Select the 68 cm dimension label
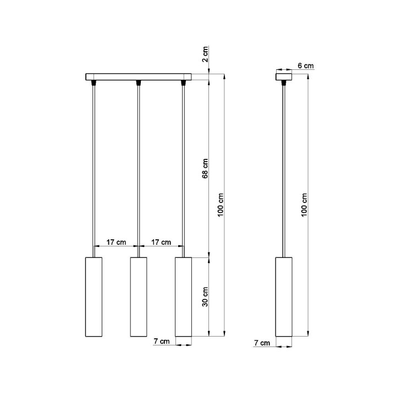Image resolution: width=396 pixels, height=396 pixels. pos(205,168)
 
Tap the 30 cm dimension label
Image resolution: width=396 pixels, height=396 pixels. pos(205,296)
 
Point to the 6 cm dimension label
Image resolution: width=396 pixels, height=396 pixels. pos(305,65)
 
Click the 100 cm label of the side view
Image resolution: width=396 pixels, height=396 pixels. pos(305,205)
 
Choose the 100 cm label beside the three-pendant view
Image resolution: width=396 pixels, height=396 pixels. pos(221,205)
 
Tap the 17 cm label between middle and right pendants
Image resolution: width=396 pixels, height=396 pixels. pos(161,242)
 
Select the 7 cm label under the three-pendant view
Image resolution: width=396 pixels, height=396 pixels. pos(162,342)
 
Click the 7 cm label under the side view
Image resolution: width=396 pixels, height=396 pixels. pos(262,343)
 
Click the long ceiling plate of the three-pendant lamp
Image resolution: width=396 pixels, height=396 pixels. pos(138,77)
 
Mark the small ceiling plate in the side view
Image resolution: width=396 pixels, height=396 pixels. pos(284,77)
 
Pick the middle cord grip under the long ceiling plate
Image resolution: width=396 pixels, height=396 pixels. pos(138,83)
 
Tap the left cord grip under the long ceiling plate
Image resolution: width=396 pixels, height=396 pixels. pos(94,83)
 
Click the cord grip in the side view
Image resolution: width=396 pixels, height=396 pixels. pos(284,83)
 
